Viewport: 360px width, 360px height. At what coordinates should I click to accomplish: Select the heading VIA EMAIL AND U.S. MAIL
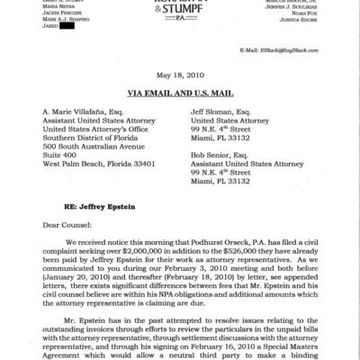click(x=180, y=92)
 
